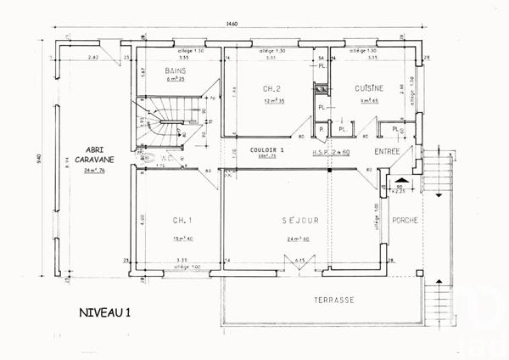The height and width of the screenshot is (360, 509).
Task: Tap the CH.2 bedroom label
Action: click(271, 89)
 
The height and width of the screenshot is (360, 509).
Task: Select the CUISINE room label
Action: click(369, 87)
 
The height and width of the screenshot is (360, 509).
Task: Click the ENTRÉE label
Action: click(388, 151)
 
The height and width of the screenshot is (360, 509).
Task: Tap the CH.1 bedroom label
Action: click(182, 221)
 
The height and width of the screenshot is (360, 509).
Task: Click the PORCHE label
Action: click(406, 220)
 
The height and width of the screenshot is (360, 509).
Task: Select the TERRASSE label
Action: click(333, 301)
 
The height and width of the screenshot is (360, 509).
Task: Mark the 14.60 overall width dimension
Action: click(232, 24)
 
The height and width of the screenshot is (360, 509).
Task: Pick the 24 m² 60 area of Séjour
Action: click(299, 240)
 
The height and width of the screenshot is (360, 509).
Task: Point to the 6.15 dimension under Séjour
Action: click(299, 261)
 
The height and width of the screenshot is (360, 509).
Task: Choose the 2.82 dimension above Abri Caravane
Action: click(95, 57)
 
